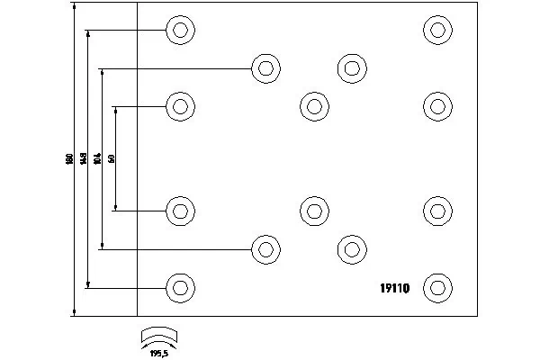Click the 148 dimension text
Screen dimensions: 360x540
[x=83, y=158]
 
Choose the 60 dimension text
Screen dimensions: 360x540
[x=111, y=158]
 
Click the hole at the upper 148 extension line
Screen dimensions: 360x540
[x=180, y=30]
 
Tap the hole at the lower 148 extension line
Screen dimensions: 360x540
[x=180, y=288]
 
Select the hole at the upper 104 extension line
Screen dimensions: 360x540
[x=265, y=68]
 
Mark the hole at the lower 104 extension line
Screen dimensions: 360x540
[x=265, y=249]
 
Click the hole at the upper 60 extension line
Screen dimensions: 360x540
[x=180, y=106]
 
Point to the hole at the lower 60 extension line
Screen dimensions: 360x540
[x=180, y=211]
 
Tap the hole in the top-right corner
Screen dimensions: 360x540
[x=436, y=30]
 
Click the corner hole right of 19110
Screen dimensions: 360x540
[x=436, y=288]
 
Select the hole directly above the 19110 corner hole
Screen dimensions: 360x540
[x=436, y=211]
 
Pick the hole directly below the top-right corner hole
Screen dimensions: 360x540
[x=436, y=106]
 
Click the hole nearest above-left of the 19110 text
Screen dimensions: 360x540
[x=351, y=249]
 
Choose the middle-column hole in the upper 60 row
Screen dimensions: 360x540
[x=313, y=106]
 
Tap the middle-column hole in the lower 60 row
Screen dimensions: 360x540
[x=313, y=211]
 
